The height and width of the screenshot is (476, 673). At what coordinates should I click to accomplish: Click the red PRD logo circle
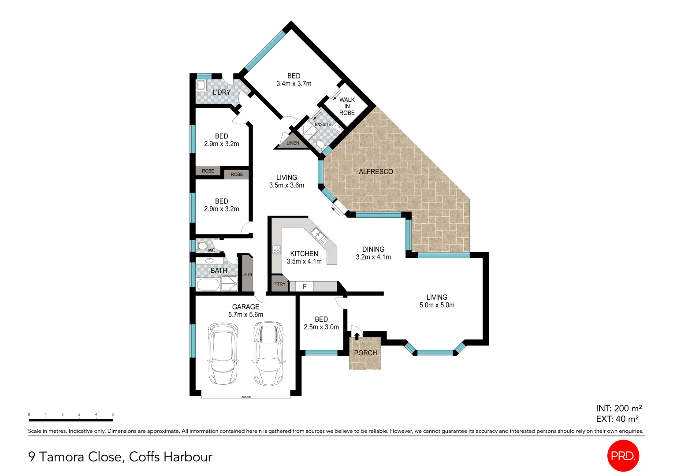pos(623,456)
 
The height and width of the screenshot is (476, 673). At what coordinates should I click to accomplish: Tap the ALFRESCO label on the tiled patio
pos(376,171)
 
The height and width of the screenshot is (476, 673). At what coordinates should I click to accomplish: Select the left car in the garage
pos(223,353)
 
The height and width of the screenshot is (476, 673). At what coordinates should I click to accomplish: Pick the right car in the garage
pos(268,353)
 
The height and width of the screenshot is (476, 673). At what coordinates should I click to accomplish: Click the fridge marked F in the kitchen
pos(304,286)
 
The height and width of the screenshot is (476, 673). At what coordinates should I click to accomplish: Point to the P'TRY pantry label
pos(279,284)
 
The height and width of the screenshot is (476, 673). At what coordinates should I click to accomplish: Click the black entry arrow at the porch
pos(357,336)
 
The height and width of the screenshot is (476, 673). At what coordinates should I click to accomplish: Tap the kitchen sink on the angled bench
pos(320,237)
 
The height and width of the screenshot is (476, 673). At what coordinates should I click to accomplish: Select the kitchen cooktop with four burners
pos(277,250)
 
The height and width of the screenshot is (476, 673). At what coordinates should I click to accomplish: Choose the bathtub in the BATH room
pos(208,285)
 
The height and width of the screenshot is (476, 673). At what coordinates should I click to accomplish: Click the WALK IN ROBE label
pos(347,106)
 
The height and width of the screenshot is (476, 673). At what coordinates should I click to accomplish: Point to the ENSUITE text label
pos(323,125)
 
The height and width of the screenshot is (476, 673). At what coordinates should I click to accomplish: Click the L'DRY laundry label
pos(221,92)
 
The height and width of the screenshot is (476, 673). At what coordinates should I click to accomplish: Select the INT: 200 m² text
pos(619,409)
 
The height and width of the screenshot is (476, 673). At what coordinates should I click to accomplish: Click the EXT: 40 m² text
pos(617,419)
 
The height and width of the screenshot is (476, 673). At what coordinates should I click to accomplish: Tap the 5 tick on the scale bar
pos(112,415)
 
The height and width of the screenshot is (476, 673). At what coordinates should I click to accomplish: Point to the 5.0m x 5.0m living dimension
pos(437,305)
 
